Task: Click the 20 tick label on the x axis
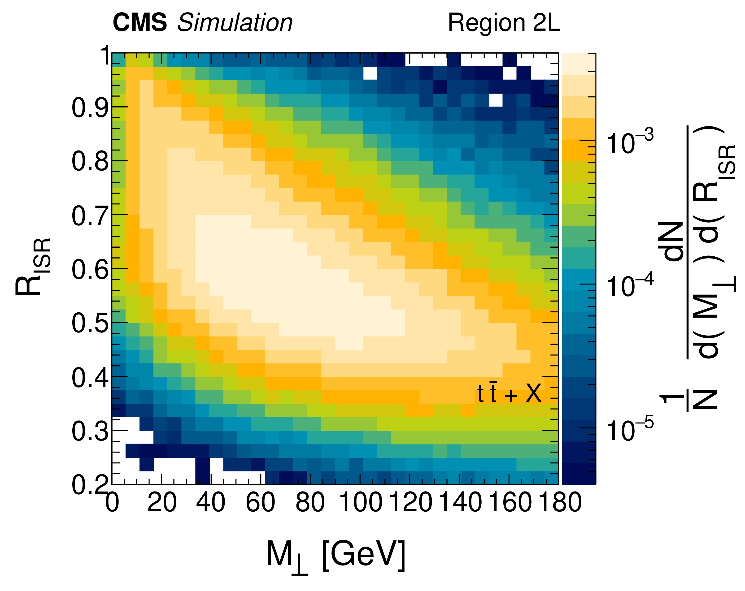pyautogui.click(x=162, y=503)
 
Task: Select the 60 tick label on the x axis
pyautogui.click(x=260, y=503)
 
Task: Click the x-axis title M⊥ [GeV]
pyautogui.click(x=335, y=555)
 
